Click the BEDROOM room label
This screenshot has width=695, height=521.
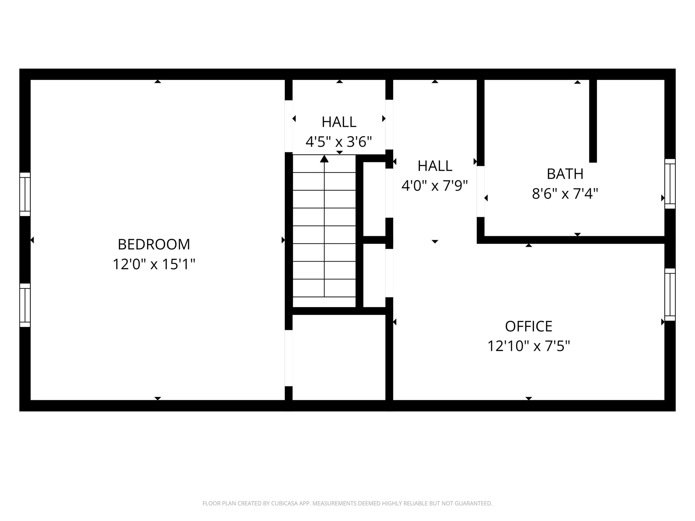154,244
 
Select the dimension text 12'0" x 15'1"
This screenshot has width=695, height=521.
154,264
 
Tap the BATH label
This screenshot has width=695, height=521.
565,174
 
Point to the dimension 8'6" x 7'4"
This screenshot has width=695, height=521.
565,194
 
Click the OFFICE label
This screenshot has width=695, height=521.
528,326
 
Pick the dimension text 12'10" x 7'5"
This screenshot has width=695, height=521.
528,346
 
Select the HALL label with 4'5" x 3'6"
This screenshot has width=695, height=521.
339,122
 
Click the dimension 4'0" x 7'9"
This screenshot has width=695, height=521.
434,186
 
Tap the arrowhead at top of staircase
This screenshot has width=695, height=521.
324,159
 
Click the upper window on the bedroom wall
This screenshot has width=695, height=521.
25,194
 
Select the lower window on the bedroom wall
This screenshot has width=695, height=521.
25,305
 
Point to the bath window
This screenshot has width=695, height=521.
670,184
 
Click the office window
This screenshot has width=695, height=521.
670,295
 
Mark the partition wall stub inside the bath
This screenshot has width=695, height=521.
593,121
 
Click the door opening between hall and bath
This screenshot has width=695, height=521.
480,191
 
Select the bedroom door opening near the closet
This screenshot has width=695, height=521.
288,358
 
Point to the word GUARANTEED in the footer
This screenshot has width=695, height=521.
474,503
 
